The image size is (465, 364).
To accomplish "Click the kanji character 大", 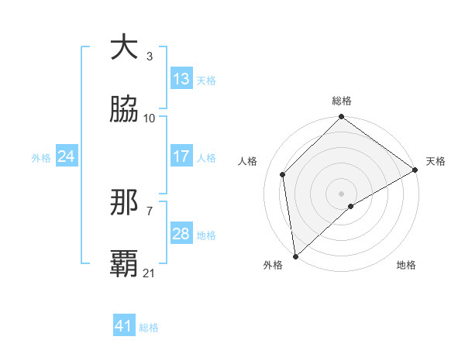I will (124, 48).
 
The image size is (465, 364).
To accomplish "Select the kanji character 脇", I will (124, 109).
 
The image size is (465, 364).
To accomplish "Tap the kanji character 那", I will (124, 203).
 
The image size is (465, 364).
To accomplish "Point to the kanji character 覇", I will (124, 263).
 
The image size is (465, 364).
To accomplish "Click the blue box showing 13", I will (181, 79).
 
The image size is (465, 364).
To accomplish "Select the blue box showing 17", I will (181, 156).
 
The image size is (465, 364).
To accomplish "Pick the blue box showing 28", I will (181, 234).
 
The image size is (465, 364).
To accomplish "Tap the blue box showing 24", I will (66, 156).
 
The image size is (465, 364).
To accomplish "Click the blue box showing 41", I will (124, 326).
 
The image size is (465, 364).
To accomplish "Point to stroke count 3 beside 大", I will (150, 57).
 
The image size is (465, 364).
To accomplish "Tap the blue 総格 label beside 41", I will (149, 328).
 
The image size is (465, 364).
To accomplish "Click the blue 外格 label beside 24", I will (41, 157).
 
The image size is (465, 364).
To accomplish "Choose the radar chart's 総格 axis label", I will (342, 101).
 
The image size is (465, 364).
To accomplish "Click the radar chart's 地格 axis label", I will (406, 266).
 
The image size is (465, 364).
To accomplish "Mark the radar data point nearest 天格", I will (415, 170).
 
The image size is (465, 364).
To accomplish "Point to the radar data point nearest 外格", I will (295, 256).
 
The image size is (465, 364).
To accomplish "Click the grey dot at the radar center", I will (342, 193).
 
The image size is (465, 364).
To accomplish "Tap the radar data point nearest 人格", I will (283, 174).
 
